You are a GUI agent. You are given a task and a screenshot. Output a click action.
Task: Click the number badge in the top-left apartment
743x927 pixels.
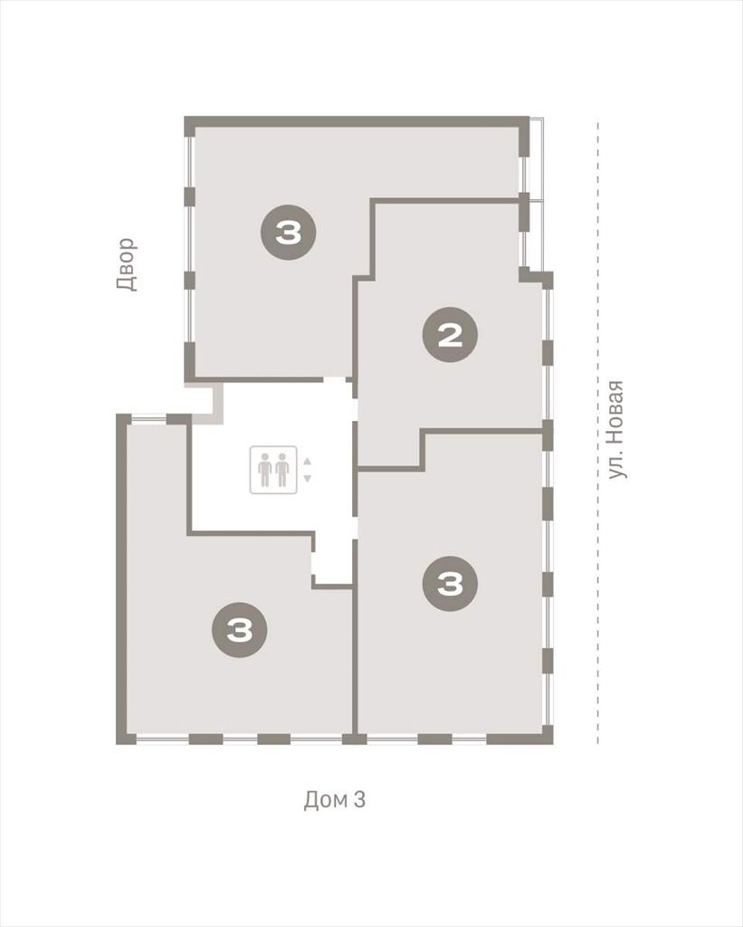pos(289,233)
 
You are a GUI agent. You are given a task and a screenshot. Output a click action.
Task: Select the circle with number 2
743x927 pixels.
pos(450,335)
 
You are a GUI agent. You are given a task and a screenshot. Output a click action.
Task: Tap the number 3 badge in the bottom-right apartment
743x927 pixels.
pos(450,584)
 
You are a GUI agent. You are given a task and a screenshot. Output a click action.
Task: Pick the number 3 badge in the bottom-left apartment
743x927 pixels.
pos(240,630)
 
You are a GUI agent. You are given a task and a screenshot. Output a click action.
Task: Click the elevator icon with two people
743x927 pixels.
pos(273,470)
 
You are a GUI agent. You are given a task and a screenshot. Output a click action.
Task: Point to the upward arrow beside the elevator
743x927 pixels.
pos(307,462)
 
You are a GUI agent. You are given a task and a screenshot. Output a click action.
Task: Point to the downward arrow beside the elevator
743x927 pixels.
pos(307,478)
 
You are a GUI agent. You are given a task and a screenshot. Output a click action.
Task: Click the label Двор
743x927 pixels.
pos(127,264)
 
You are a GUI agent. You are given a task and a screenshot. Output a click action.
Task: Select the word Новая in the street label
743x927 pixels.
pos(615,408)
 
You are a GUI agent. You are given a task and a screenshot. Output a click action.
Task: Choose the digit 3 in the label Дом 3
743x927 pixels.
pos(359,799)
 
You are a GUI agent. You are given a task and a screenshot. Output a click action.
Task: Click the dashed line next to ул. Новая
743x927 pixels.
pos(597,433)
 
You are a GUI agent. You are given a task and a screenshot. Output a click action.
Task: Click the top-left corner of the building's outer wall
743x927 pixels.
pos(185,117)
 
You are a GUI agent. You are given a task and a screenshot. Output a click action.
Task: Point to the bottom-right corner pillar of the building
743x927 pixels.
pos(548,737)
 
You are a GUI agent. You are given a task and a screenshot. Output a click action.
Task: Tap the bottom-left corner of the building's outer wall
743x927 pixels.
pos(117,744)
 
